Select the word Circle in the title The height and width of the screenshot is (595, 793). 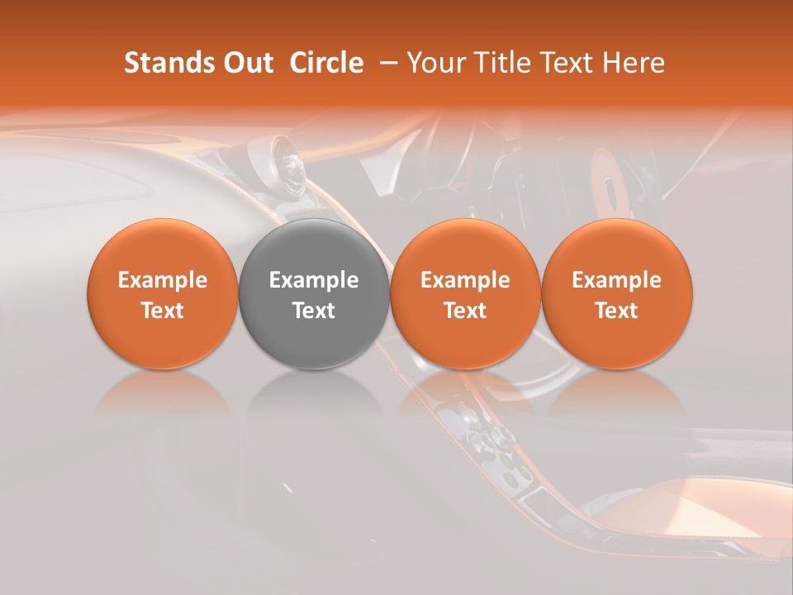click(x=326, y=63)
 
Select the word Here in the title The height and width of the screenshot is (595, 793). click(x=634, y=63)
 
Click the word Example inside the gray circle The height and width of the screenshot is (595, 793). click(x=314, y=280)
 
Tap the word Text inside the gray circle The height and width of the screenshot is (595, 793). click(x=314, y=311)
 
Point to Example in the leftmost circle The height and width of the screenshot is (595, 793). click(x=162, y=280)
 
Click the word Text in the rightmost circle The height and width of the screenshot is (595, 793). click(x=617, y=311)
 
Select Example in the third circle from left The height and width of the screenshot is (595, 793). click(x=465, y=280)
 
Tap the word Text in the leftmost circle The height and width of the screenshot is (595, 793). click(x=162, y=311)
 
